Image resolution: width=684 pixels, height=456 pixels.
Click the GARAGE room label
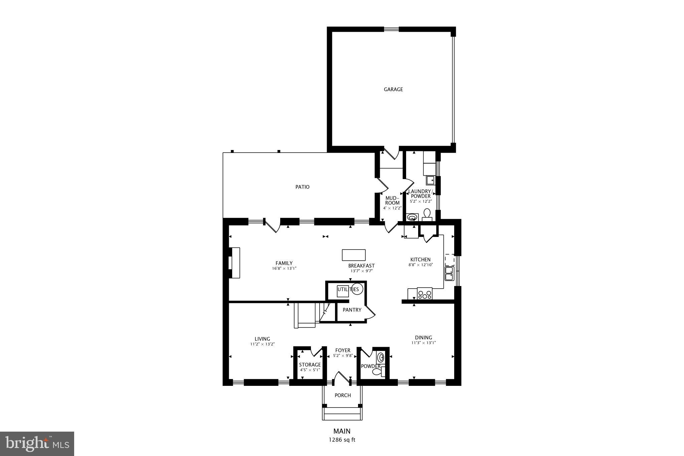click(x=393, y=89)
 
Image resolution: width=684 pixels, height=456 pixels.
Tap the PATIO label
click(x=302, y=187)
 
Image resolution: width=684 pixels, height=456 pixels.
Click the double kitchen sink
click(x=449, y=273)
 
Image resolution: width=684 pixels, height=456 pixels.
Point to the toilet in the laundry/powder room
click(x=427, y=214)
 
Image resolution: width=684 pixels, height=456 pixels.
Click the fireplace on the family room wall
click(x=234, y=263)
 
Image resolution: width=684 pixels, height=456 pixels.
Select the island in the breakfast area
click(x=354, y=255)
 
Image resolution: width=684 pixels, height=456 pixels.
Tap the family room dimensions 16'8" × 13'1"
click(x=284, y=268)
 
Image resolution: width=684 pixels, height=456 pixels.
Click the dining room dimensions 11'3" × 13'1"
click(x=423, y=343)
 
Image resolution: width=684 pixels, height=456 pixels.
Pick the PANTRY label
click(x=352, y=310)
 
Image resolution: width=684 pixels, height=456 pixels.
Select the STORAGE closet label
click(x=310, y=364)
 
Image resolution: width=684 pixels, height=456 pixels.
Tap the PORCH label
click(x=343, y=395)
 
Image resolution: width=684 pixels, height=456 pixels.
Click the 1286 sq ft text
click(x=342, y=440)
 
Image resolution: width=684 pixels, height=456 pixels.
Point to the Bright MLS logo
click(x=37, y=444)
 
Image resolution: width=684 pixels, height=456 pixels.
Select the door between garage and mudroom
click(x=391, y=153)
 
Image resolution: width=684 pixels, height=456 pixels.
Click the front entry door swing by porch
click(x=341, y=377)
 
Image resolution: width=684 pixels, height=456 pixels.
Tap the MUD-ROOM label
click(x=392, y=200)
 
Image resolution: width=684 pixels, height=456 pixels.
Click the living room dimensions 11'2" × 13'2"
click(x=263, y=344)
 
